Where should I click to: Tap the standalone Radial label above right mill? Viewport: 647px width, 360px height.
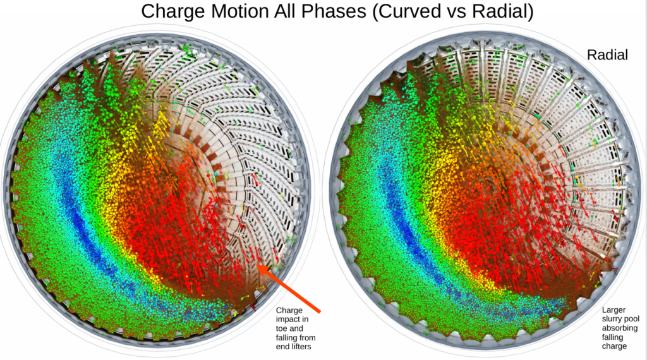click(607, 56)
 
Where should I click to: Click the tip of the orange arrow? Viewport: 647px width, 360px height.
click(260, 267)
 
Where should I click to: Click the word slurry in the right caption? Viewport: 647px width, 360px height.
click(614, 319)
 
